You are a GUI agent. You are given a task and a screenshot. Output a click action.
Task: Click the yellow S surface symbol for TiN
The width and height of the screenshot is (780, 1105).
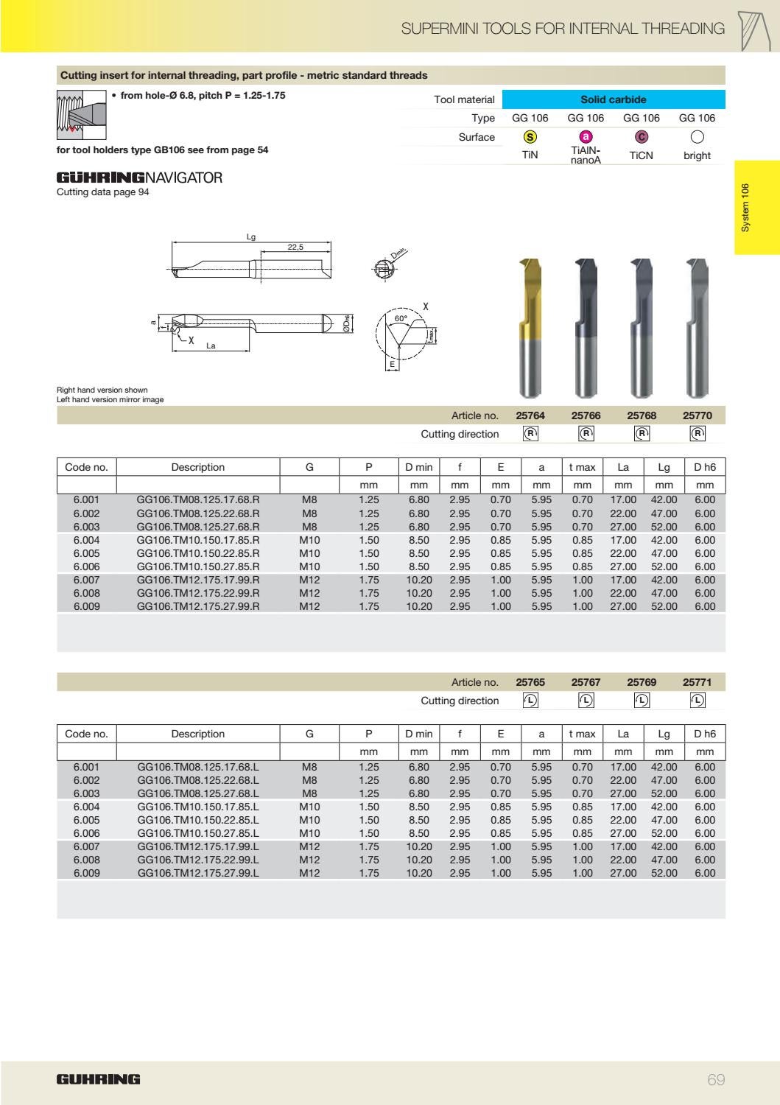point(530,136)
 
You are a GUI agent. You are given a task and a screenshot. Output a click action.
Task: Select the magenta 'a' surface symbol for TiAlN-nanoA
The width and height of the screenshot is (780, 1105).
point(586,136)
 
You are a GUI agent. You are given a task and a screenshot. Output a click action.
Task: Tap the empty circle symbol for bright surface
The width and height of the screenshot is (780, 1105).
point(697,136)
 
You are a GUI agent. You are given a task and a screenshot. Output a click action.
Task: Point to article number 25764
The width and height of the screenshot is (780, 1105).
point(530,415)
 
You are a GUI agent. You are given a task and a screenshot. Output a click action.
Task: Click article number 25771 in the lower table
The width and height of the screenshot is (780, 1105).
point(697,682)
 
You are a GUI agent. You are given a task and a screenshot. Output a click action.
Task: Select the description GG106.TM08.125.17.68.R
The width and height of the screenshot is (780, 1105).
point(198,500)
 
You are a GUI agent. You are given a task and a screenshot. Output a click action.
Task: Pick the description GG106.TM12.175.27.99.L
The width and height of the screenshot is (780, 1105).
point(198,873)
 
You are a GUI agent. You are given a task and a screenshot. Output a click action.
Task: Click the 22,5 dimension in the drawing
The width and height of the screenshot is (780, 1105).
point(295,248)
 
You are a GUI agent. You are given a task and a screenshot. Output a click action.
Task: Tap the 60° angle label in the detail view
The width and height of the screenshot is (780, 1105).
point(401,318)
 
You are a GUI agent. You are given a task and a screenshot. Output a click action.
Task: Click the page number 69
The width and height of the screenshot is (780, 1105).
point(716,1080)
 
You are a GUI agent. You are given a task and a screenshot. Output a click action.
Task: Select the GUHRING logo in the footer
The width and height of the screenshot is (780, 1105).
point(98,1080)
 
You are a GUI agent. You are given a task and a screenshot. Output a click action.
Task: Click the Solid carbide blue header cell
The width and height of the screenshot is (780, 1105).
point(613,99)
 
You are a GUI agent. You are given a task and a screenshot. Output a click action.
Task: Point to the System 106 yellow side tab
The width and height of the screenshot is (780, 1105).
point(756,208)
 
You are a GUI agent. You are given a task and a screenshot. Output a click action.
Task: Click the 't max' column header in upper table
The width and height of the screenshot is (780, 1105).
point(582,467)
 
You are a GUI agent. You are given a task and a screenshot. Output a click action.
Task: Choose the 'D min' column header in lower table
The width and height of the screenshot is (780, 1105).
point(418,734)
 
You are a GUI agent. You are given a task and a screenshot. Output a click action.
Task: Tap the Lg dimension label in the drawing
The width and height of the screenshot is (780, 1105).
point(250,237)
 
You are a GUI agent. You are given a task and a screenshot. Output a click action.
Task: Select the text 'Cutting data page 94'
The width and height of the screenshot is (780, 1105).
point(102,193)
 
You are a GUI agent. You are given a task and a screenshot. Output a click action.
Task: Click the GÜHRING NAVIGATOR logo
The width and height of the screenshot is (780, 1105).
point(139,178)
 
